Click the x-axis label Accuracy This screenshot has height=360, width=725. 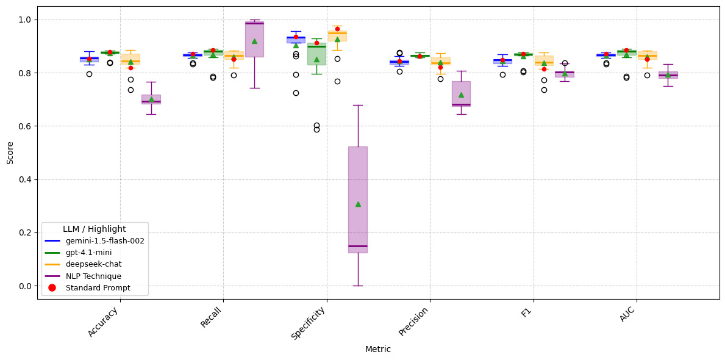tap(104, 321)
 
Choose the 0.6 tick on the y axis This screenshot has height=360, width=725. tap(25, 126)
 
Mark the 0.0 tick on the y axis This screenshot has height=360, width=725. tap(25, 286)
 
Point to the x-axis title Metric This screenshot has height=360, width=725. tap(378, 350)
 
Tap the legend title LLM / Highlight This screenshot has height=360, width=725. tap(95, 229)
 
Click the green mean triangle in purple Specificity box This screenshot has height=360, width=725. tap(358, 204)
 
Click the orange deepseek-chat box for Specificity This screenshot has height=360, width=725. tap(337, 35)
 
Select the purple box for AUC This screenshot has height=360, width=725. tap(668, 75)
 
